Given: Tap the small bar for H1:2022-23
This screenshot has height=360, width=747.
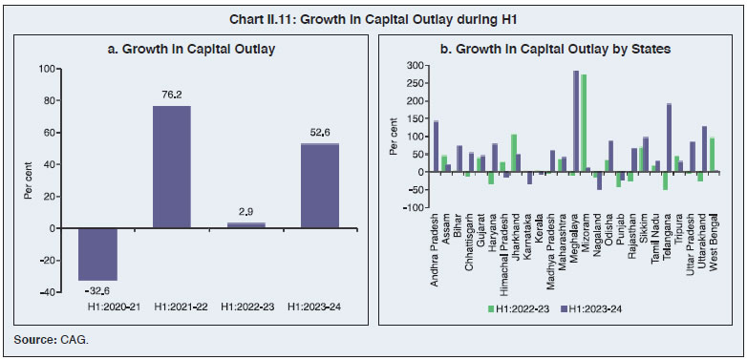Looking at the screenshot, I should tap(245, 225).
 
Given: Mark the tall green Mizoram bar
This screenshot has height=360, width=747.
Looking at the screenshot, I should tap(584, 123).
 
